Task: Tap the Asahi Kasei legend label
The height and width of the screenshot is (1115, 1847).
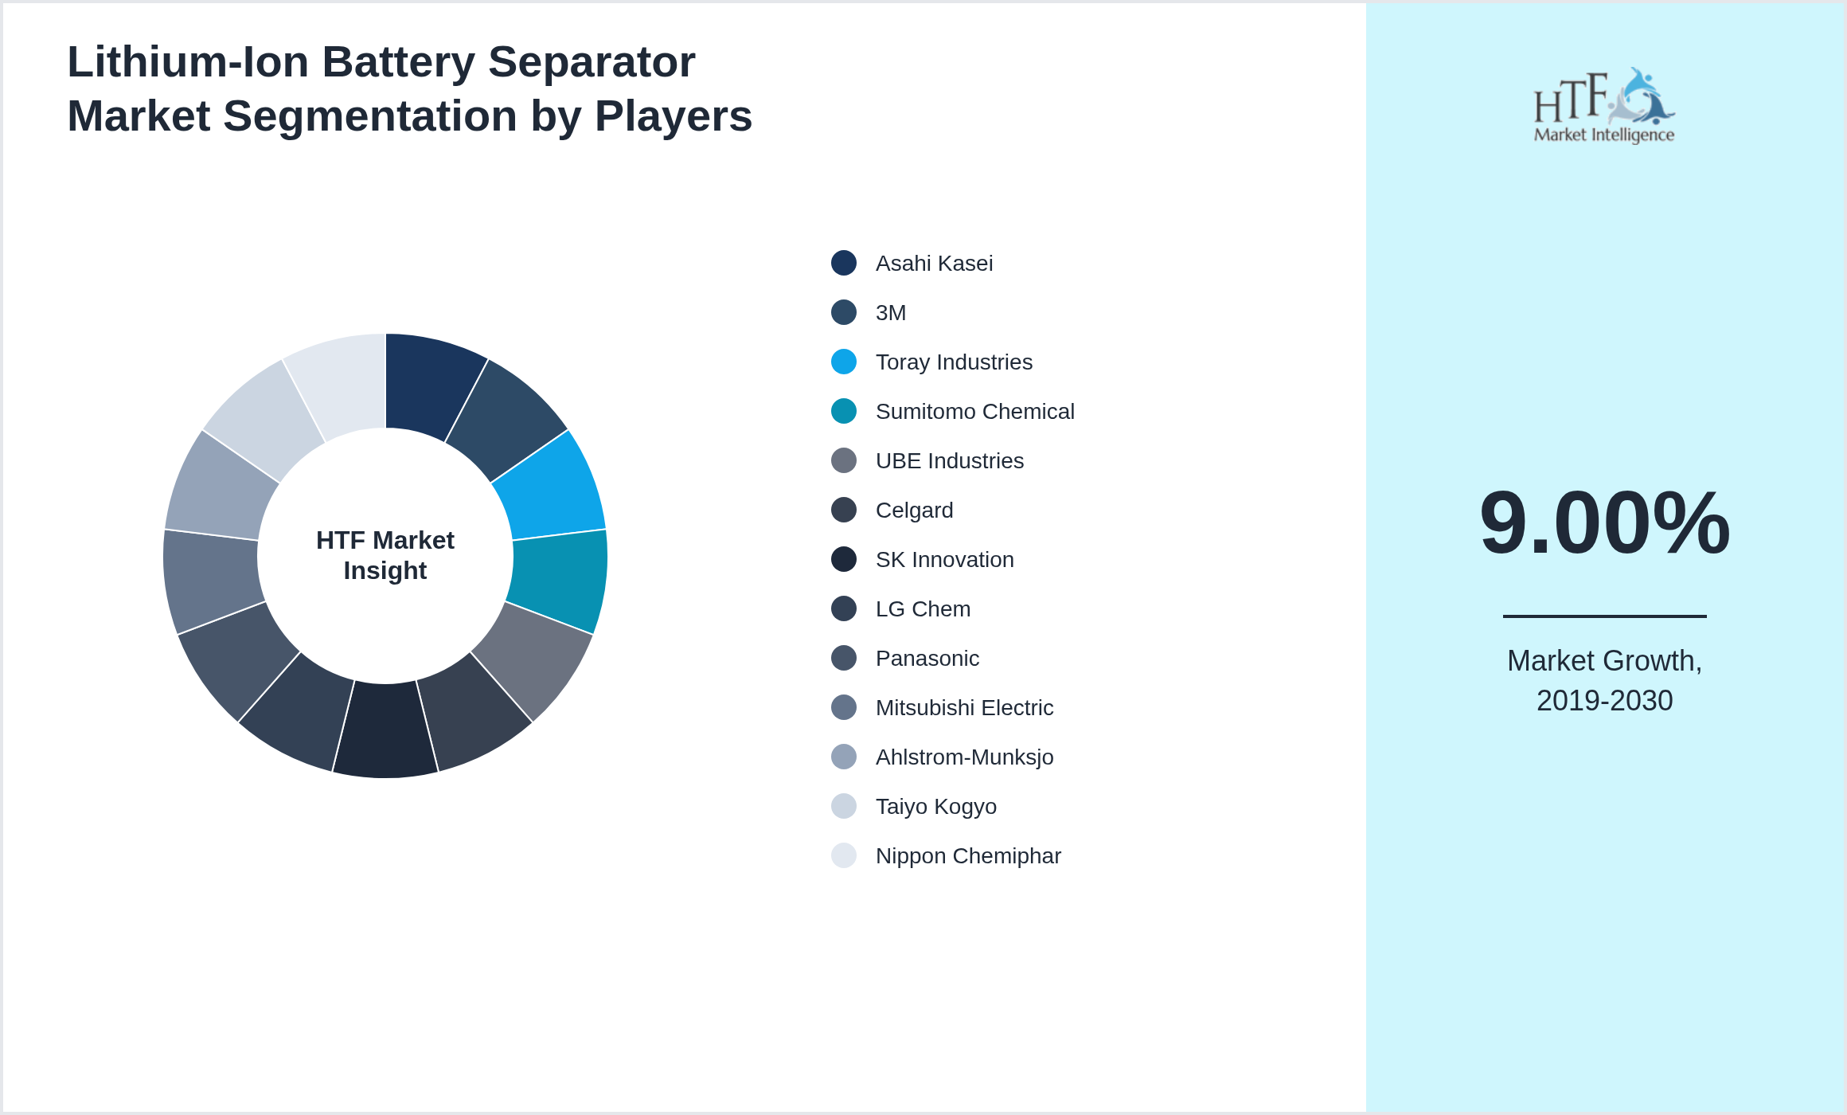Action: pos(934,264)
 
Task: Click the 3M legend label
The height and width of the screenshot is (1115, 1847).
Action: pos(891,313)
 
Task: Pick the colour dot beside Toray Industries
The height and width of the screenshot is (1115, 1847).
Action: pos(844,362)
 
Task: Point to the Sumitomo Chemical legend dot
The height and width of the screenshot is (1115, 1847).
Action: pos(844,411)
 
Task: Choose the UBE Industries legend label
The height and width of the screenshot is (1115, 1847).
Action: pos(949,461)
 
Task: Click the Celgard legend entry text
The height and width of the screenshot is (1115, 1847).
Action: pos(914,511)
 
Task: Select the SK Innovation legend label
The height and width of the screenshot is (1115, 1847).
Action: pos(944,560)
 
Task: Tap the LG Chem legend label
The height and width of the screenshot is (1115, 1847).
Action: pos(923,609)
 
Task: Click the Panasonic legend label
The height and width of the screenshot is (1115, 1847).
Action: pos(927,659)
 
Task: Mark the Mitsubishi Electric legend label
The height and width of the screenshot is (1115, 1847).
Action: pos(964,708)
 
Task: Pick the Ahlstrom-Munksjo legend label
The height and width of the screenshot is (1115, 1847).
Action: pos(964,757)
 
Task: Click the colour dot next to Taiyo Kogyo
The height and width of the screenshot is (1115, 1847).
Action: pos(844,806)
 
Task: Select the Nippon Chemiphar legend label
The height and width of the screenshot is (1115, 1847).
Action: pos(968,856)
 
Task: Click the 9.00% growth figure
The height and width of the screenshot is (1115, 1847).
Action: pos(1604,523)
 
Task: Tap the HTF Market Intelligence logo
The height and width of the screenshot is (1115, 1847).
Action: pos(1604,106)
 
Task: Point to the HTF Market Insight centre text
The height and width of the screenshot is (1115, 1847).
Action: pos(385,555)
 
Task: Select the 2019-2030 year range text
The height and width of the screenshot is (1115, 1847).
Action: pos(1604,701)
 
